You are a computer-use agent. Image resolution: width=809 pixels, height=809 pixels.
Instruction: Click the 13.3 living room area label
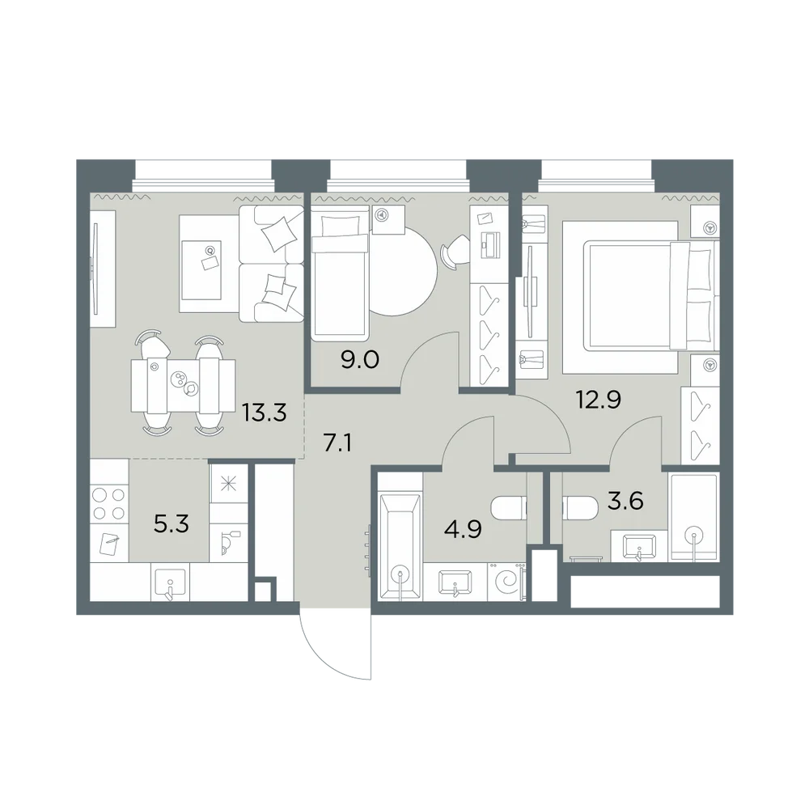(x=265, y=413)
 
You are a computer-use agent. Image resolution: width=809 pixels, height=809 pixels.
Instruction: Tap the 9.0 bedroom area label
(x=360, y=359)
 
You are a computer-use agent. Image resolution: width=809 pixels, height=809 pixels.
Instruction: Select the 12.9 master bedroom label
(x=599, y=400)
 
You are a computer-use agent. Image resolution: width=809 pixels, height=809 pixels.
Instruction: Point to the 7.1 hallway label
(x=337, y=443)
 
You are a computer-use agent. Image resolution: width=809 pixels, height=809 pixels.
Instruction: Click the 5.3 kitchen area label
(x=172, y=524)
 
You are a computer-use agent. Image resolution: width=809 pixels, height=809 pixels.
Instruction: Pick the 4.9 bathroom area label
(x=463, y=530)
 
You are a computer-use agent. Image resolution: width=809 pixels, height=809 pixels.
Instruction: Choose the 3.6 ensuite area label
(x=625, y=501)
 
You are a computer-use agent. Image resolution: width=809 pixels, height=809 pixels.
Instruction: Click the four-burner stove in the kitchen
(x=109, y=503)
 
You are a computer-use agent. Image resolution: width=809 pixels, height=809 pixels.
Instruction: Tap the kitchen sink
(x=170, y=582)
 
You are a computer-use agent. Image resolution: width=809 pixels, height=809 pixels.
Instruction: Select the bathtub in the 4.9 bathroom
(x=400, y=547)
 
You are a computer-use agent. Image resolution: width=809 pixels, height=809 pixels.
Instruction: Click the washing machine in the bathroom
(x=506, y=582)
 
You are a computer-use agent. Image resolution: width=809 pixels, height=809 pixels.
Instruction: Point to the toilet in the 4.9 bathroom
(x=509, y=509)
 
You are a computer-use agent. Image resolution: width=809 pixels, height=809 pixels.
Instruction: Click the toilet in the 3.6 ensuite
(x=581, y=509)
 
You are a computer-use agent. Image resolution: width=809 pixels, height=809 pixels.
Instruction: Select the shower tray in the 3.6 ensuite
(x=694, y=518)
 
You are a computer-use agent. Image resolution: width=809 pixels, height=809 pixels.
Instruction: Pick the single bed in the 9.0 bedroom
(x=340, y=273)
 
